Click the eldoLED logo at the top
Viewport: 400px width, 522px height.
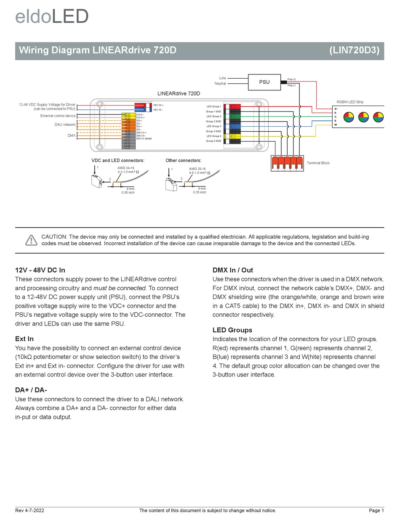pyautogui.click(x=52, y=17)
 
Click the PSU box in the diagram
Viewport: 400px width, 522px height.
pyautogui.click(x=264, y=82)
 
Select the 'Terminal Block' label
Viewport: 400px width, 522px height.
pyautogui.click(x=318, y=163)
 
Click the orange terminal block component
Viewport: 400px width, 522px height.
pyautogui.click(x=287, y=163)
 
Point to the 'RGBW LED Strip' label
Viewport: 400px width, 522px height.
pyautogui.click(x=349, y=102)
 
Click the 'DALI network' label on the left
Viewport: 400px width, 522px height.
pyautogui.click(x=65, y=125)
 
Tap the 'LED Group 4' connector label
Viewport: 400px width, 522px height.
pyautogui.click(x=213, y=136)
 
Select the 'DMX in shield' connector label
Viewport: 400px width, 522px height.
pyautogui.click(x=144, y=138)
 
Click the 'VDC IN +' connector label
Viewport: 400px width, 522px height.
pyautogui.click(x=158, y=105)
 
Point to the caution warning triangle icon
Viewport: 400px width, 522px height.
pyautogui.click(x=31, y=240)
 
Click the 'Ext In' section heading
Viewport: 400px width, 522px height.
pyautogui.click(x=24, y=339)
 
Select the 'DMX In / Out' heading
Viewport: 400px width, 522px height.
pyautogui.click(x=233, y=270)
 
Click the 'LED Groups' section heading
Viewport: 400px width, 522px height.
pyautogui.click(x=232, y=330)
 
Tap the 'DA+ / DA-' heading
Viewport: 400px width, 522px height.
pyautogui.click(x=31, y=390)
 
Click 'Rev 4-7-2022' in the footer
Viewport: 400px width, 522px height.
pyautogui.click(x=29, y=511)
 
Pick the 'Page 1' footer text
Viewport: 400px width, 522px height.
pyautogui.click(x=376, y=511)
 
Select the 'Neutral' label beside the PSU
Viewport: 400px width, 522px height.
pyautogui.click(x=220, y=84)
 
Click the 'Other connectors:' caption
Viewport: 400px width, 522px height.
pyautogui.click(x=183, y=160)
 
